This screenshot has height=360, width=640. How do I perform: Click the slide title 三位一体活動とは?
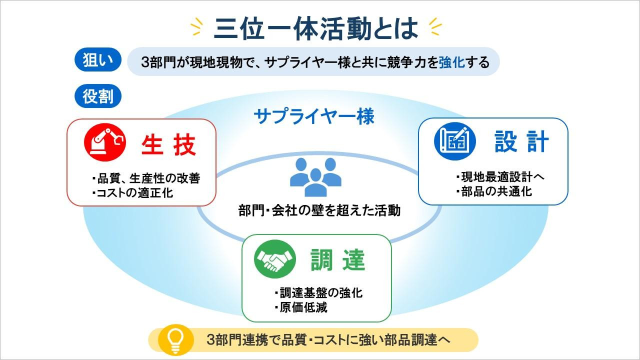tap(315, 28)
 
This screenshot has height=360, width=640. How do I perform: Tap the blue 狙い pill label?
tap(97, 59)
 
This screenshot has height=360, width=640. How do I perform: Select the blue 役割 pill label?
tap(97, 96)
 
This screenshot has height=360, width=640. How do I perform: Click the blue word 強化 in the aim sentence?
tap(452, 62)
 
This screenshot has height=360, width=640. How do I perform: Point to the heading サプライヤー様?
tap(314, 116)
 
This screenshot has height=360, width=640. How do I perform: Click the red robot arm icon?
tap(105, 142)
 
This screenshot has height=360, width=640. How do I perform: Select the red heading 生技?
tap(168, 145)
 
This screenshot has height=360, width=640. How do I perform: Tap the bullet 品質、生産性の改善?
tap(146, 178)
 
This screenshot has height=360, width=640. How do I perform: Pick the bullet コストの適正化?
tap(132, 193)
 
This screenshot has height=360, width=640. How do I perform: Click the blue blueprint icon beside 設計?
tap(455, 141)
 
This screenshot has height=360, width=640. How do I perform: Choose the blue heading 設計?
tap(521, 141)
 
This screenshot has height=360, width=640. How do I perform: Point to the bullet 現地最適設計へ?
tap(500, 177)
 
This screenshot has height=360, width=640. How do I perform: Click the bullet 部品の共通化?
tap(494, 191)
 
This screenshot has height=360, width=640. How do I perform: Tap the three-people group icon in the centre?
tap(315, 177)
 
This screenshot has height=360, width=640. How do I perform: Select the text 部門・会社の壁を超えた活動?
tap(319, 210)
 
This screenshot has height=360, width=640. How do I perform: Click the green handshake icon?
tap(275, 259)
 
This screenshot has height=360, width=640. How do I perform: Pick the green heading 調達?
tap(338, 259)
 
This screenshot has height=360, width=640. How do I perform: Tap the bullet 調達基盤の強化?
tap(318, 293)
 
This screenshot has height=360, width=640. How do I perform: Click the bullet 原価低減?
tap(301, 307)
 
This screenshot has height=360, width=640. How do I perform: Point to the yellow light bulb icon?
tap(175, 340)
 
